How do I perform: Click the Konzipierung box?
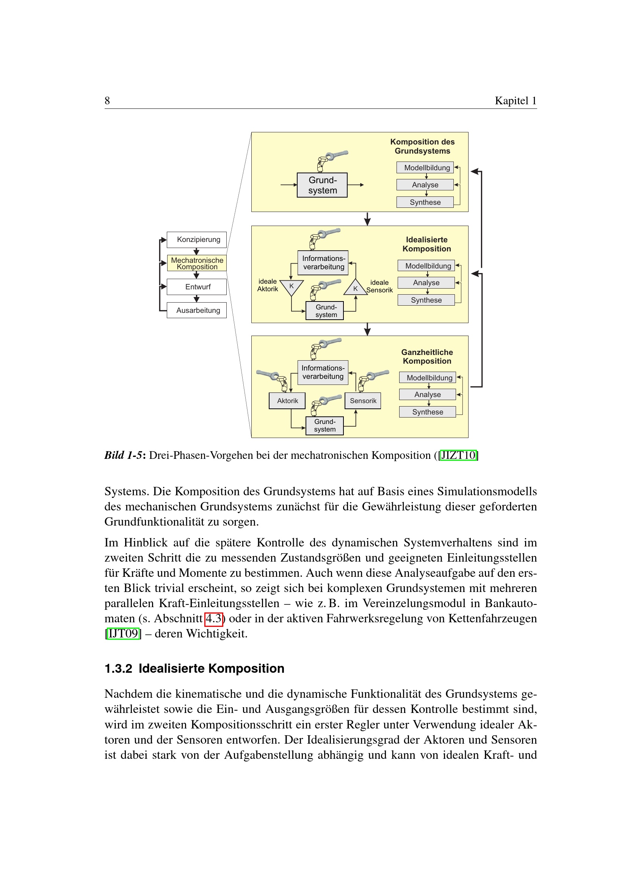point(196,240)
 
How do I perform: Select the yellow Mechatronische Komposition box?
point(196,263)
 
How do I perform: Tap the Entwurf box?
point(196,287)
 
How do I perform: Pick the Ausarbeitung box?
point(196,310)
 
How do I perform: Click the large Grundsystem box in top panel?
point(322,185)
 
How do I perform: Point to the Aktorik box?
point(287,400)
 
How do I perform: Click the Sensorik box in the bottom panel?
point(362,400)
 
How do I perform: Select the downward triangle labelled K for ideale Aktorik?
point(292,287)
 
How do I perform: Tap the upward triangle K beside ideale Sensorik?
point(355,288)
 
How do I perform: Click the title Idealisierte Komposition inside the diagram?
point(426,244)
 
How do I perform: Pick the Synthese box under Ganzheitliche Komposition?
point(427,412)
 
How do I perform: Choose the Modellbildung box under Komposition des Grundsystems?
point(425,168)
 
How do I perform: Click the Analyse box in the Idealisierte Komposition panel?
point(426,283)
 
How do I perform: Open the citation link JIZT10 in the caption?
point(458,455)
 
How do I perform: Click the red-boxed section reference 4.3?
point(213,619)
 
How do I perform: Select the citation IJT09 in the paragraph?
point(123,634)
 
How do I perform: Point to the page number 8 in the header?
point(107,101)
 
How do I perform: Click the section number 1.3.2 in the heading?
point(118,668)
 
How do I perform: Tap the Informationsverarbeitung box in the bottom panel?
point(323,372)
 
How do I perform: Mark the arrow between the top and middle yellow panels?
point(367,219)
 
